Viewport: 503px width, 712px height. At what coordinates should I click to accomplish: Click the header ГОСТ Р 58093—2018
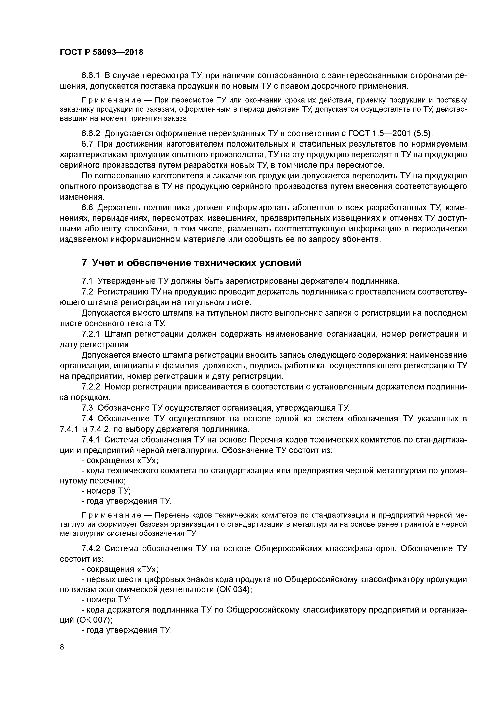[x=101, y=52]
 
